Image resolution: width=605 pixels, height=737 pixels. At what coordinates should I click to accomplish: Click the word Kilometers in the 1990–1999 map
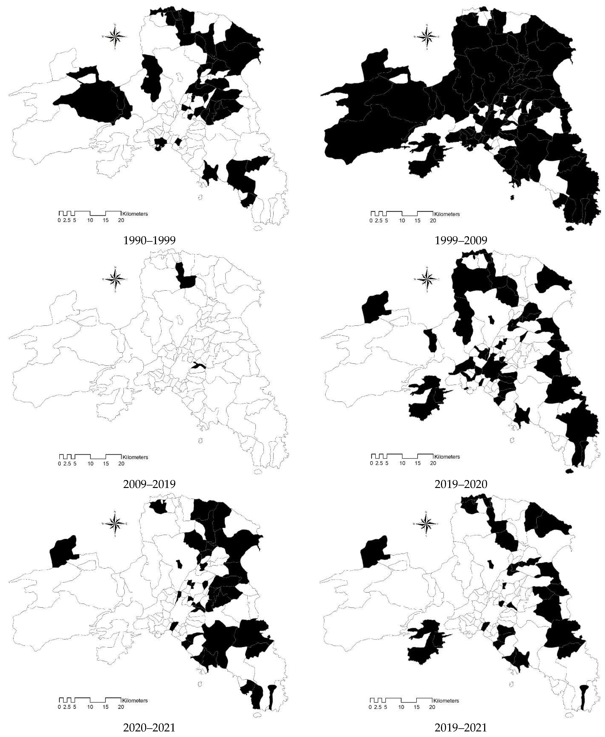(135, 214)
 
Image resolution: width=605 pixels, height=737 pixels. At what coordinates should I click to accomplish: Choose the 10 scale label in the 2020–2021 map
(90, 707)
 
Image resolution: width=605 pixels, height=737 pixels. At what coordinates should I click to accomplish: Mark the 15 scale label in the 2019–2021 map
(417, 707)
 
